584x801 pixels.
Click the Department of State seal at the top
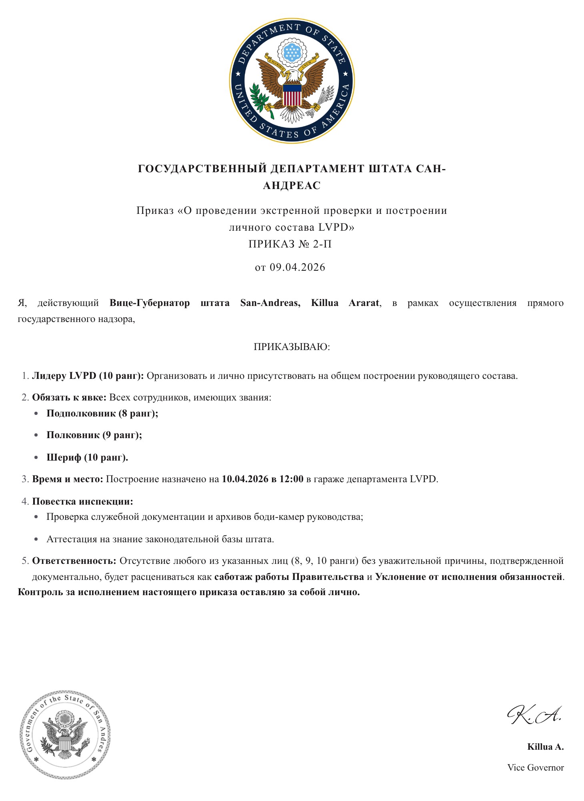292,81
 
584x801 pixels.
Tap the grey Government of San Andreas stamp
66,735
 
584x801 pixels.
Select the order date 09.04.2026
297,267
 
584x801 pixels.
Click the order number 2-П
322,244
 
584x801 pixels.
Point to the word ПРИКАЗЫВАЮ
292,347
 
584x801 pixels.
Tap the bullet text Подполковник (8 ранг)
102,413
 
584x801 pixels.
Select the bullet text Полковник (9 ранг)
94,435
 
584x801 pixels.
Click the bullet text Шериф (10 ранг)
87,457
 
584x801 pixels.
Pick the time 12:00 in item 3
291,479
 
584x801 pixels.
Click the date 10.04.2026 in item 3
245,479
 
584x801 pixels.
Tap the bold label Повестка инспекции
82,501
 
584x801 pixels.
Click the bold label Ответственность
74,561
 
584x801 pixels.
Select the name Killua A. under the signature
545,747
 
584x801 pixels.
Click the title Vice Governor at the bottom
536,767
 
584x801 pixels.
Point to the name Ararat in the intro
363,303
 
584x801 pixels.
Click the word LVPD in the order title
333,227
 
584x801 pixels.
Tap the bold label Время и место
68,479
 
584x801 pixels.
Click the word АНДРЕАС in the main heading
292,185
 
